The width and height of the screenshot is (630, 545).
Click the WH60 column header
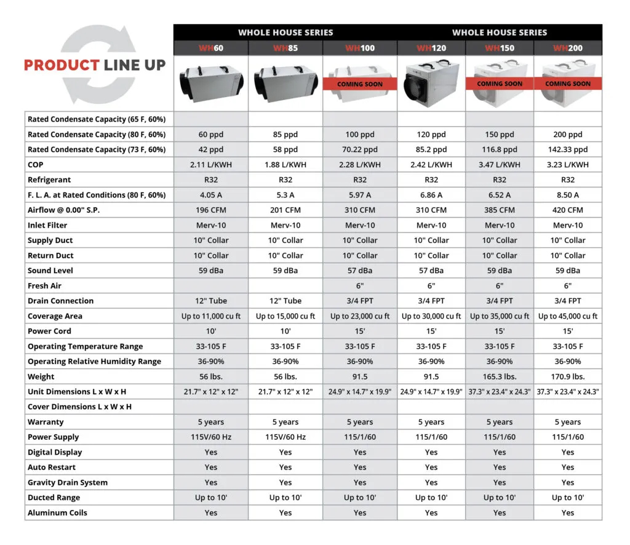click(210, 48)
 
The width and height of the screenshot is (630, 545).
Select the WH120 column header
click(431, 48)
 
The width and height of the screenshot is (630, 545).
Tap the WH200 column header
click(567, 48)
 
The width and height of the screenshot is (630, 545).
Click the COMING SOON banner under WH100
click(360, 84)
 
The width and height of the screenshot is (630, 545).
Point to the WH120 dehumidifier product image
click(431, 83)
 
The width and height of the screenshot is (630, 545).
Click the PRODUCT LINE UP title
click(95, 65)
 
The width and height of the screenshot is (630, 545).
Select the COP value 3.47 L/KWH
click(500, 165)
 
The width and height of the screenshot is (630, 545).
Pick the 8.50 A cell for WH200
click(567, 195)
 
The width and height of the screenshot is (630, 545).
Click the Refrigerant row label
click(49, 180)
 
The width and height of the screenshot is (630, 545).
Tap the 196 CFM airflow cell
click(210, 210)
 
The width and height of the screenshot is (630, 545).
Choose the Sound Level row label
click(50, 271)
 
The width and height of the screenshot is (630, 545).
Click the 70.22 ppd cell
click(360, 149)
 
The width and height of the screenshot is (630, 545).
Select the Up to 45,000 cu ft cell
click(567, 316)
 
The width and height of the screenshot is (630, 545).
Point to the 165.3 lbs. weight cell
click(500, 376)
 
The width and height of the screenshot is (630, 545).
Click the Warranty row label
click(46, 422)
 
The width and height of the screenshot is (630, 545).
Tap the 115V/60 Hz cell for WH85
click(285, 437)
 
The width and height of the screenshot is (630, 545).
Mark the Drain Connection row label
click(60, 301)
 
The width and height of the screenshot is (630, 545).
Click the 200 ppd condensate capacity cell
click(567, 135)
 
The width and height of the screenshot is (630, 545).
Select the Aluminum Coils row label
click(57, 513)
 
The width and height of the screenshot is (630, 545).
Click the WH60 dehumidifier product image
click(210, 83)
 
